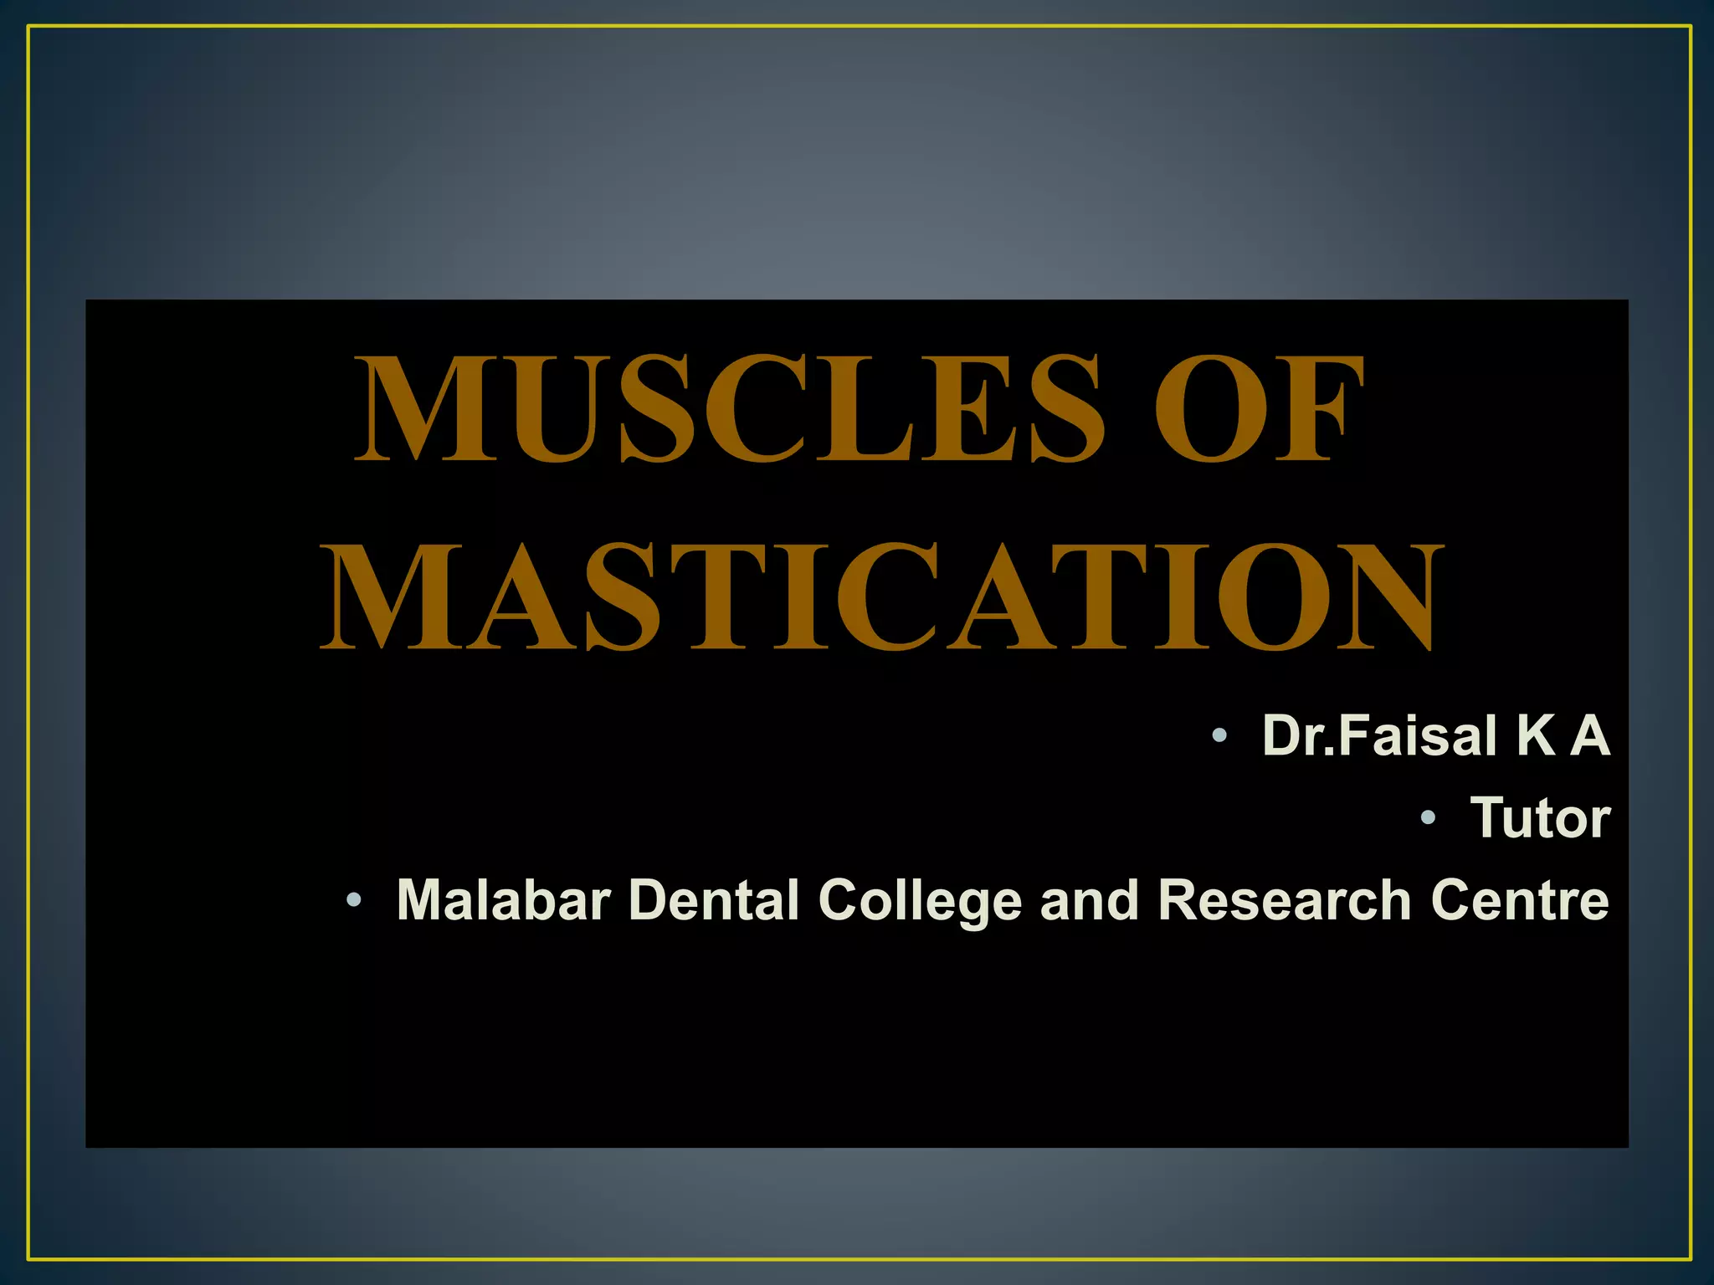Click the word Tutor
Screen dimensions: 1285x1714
coord(1540,817)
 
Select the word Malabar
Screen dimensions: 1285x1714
coord(504,900)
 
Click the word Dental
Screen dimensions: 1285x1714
coord(713,900)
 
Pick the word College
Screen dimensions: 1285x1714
coord(920,902)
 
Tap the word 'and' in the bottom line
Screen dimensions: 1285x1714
coord(1089,900)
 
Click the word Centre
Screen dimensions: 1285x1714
coord(1520,900)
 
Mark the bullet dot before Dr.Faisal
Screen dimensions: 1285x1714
coord(1219,736)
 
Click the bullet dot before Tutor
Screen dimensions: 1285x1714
coord(1428,818)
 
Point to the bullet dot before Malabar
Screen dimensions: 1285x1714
coord(354,901)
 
